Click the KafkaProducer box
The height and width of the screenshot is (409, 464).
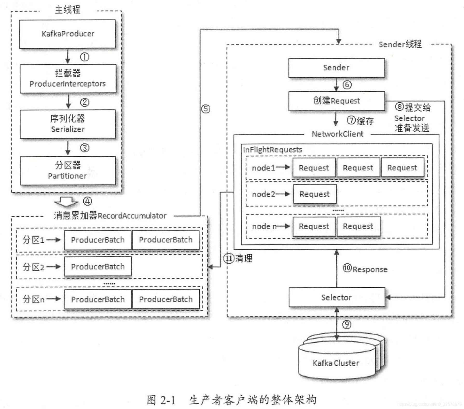[67, 34]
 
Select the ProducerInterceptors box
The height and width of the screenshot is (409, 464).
[68, 79]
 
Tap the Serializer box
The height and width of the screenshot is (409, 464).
[68, 124]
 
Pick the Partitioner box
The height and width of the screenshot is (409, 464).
[68, 171]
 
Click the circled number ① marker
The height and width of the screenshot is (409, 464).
[84, 57]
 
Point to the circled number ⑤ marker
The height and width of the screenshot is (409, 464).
[206, 109]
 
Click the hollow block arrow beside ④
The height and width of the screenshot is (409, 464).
[66, 202]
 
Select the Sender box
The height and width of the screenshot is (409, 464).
[336, 68]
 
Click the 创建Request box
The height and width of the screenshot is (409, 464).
[336, 101]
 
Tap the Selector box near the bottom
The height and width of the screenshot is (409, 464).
[337, 297]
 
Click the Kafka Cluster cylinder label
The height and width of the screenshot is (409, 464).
[336, 363]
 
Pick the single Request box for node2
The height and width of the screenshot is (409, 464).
[315, 194]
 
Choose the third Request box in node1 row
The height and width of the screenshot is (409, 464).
[402, 168]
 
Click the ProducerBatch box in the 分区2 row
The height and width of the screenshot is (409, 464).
[98, 267]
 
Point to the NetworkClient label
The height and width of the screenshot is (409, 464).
[337, 134]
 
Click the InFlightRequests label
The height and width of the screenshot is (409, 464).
[272, 150]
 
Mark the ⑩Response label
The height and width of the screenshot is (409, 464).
[365, 269]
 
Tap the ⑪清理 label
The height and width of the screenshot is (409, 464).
[238, 258]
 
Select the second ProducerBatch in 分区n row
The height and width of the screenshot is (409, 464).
[166, 299]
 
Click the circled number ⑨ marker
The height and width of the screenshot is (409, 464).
[347, 324]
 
